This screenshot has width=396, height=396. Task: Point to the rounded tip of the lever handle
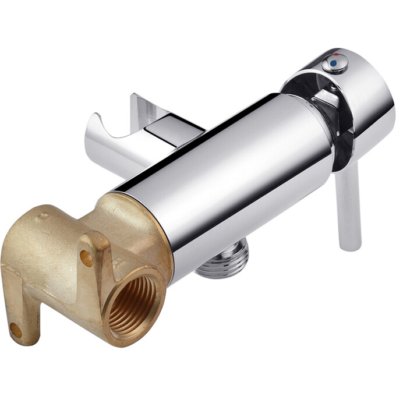tap(351, 246)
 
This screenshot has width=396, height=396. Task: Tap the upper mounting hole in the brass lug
tap(86, 257)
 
